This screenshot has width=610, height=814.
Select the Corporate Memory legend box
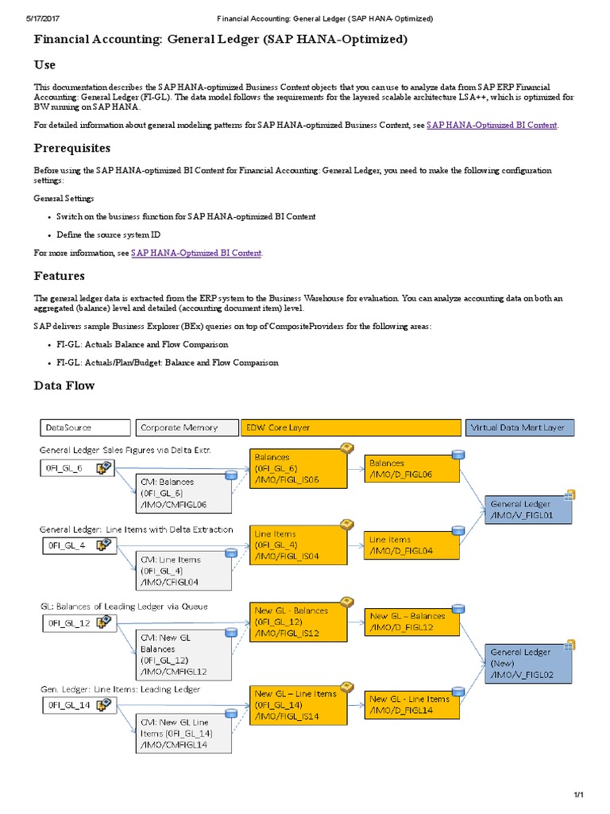pos(187,428)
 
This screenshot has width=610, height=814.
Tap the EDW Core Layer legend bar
pos(350,428)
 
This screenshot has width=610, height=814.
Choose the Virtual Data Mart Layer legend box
pos(519,428)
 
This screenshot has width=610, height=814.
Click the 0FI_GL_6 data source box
pos(78,468)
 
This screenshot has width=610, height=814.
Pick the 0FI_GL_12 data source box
pos(78,622)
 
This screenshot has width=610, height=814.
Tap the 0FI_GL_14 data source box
pos(78,704)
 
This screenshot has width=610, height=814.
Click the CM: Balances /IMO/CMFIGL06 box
pos(184,493)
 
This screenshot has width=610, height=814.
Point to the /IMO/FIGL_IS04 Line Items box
pos(299,545)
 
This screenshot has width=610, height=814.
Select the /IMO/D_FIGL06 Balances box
pos(412,469)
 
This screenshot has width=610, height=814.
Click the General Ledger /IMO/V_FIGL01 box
pos(528,510)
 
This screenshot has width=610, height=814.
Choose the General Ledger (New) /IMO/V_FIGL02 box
pos(528,663)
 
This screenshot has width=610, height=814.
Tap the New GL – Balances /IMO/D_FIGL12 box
pos(412,622)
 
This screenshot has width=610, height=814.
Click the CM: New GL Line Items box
pos(184,732)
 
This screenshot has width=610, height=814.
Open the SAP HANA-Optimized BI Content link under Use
pos(492,125)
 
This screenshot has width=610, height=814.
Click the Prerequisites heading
pos(72,148)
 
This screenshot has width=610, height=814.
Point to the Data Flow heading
pos(64,386)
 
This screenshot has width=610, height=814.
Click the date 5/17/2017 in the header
pos(31,17)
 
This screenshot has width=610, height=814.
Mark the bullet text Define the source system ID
pos(109,235)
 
